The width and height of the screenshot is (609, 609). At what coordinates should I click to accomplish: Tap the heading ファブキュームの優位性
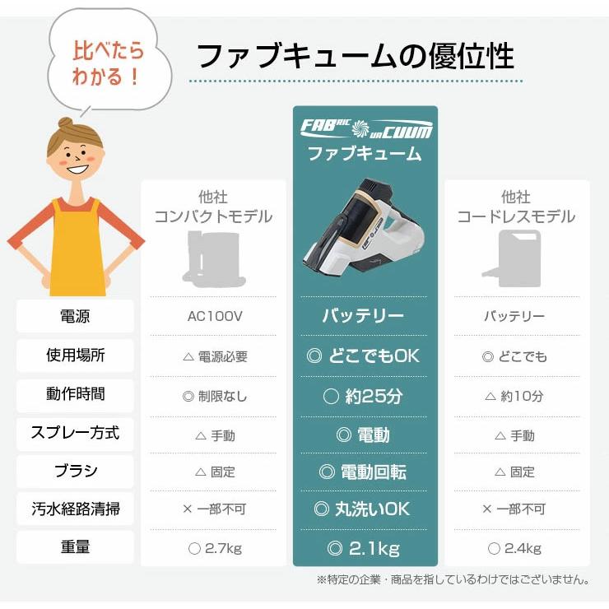[356, 56]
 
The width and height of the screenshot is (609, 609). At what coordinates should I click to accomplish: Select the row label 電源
[75, 316]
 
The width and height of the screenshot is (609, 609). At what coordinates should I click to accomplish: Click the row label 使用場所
[75, 356]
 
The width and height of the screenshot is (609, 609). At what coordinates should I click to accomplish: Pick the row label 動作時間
[75, 394]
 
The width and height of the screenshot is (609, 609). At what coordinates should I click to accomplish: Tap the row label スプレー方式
[75, 433]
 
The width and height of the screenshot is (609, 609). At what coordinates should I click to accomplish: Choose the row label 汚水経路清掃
[75, 509]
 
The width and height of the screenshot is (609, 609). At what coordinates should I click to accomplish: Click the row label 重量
[75, 547]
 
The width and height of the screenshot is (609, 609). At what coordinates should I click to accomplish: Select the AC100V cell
[214, 316]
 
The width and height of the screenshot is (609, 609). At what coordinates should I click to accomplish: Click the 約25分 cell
[364, 396]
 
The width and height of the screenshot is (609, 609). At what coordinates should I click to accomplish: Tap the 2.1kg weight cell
[364, 548]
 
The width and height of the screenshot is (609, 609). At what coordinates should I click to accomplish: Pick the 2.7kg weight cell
[214, 548]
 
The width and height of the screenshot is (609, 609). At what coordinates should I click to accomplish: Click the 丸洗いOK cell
[364, 509]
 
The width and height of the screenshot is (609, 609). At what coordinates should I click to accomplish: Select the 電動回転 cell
[364, 472]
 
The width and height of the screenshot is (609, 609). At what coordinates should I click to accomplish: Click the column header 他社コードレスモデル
[516, 207]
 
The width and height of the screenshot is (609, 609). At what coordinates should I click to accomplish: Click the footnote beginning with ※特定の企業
[452, 579]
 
